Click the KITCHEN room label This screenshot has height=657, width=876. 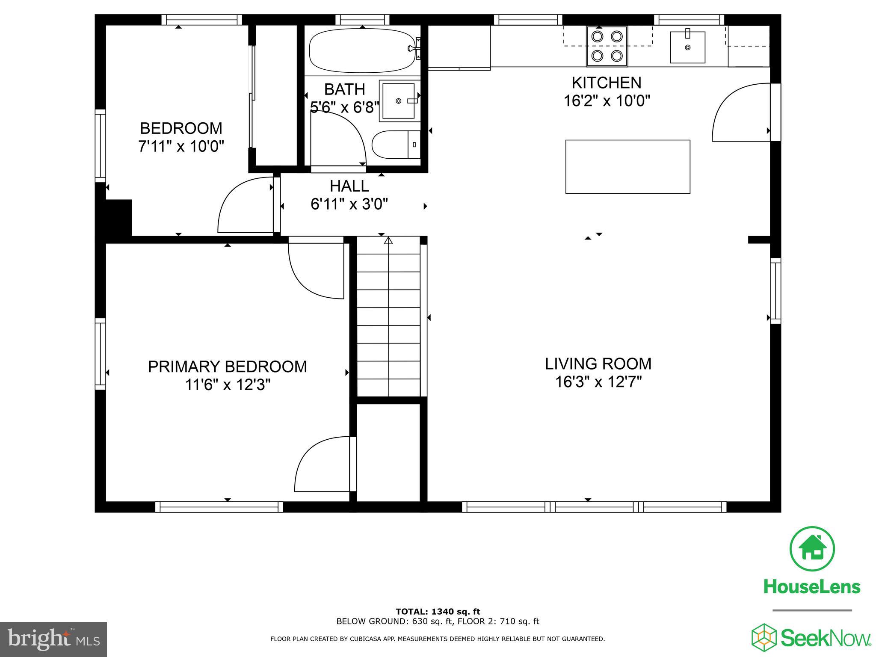click(x=606, y=83)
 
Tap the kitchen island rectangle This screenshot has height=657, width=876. click(x=627, y=167)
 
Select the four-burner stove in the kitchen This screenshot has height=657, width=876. click(x=607, y=46)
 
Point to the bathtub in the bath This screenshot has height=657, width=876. click(x=362, y=50)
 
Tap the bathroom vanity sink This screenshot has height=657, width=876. click(x=398, y=101)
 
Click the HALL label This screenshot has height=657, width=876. click(x=349, y=186)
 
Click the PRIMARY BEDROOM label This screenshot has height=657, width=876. click(x=227, y=367)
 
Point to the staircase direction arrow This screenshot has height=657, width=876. click(x=388, y=241)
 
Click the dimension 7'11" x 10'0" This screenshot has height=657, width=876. click(x=181, y=147)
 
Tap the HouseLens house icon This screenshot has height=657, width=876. click(x=812, y=549)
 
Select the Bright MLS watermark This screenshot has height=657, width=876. click(x=53, y=639)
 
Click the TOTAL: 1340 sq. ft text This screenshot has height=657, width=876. click(x=438, y=612)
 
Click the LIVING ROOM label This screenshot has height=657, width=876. click(x=598, y=364)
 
